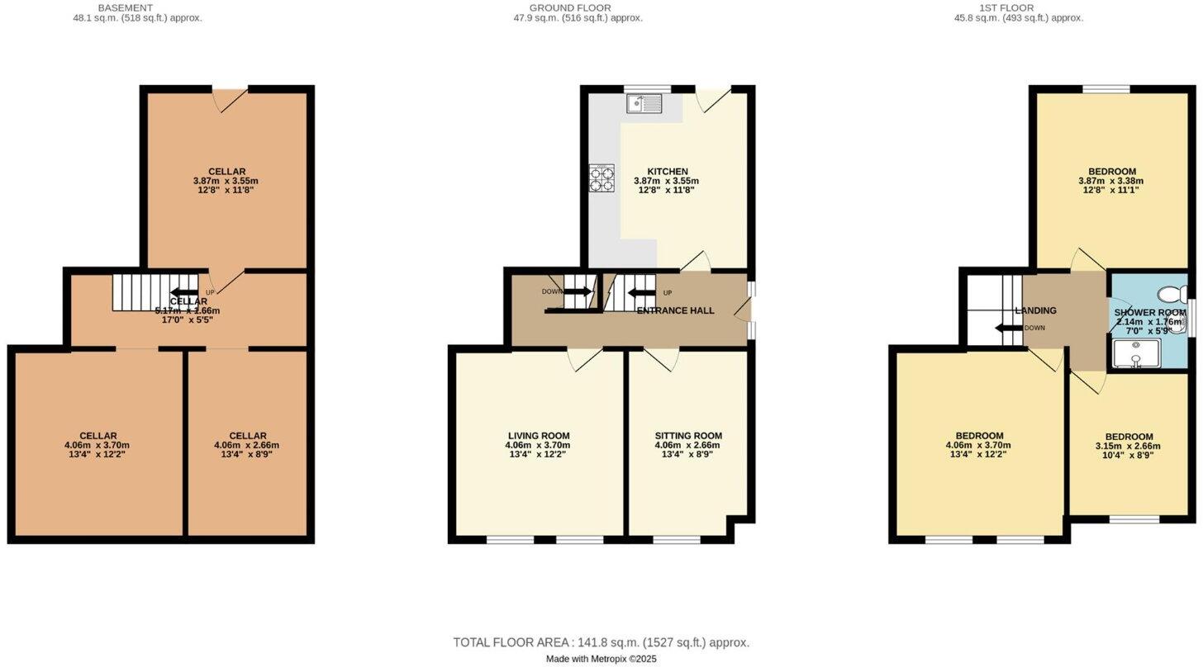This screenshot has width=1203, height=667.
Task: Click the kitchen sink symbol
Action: point(644,103)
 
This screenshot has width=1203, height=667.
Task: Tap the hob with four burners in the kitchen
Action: point(601,178)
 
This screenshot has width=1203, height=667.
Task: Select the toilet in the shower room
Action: point(1172,294)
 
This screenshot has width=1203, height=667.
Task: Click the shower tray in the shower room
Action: point(1137,353)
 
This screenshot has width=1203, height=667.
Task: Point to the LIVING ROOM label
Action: point(538,436)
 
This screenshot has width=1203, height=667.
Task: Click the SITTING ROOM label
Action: point(688,436)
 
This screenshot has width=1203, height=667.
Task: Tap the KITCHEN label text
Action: point(668,172)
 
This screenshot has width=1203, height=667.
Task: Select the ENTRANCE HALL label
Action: point(675,310)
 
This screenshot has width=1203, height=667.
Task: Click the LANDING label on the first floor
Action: point(1035,310)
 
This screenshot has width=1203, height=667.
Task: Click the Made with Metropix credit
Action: point(601,659)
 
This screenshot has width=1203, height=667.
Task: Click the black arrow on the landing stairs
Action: point(1009,328)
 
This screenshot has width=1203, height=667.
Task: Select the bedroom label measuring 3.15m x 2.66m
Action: point(1129,437)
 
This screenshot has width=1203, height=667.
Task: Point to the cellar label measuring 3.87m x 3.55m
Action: point(226,172)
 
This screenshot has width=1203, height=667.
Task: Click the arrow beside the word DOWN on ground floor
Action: point(578,291)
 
